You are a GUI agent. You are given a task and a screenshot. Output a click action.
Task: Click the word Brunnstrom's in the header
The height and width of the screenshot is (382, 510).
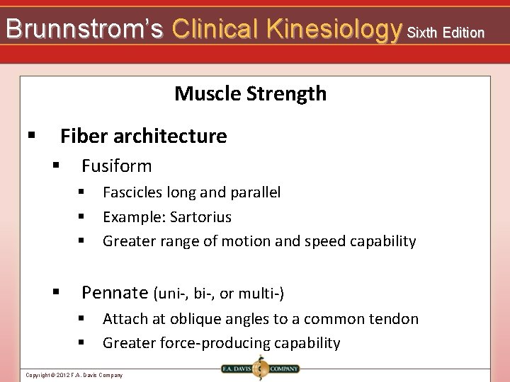[84, 30]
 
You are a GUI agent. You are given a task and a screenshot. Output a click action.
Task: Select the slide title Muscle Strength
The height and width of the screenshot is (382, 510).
[250, 93]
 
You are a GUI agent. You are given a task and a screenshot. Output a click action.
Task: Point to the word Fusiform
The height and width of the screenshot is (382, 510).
[116, 166]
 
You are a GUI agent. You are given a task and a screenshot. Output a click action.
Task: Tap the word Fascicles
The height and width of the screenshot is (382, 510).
[132, 192]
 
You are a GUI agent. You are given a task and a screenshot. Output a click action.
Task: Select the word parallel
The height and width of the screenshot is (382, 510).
[254, 192]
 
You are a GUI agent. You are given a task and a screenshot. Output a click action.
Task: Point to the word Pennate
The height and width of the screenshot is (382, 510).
[114, 292]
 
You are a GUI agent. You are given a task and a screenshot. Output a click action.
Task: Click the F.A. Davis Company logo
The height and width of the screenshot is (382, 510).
[259, 369]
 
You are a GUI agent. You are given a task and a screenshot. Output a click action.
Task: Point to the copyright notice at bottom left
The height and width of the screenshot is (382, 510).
[74, 375]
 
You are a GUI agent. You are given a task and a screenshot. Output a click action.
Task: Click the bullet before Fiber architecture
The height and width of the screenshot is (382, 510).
[30, 135]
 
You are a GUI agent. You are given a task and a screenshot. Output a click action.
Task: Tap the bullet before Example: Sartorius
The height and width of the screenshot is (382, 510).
[81, 216]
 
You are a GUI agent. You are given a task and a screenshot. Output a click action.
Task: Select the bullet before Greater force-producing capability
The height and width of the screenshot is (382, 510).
[81, 343]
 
